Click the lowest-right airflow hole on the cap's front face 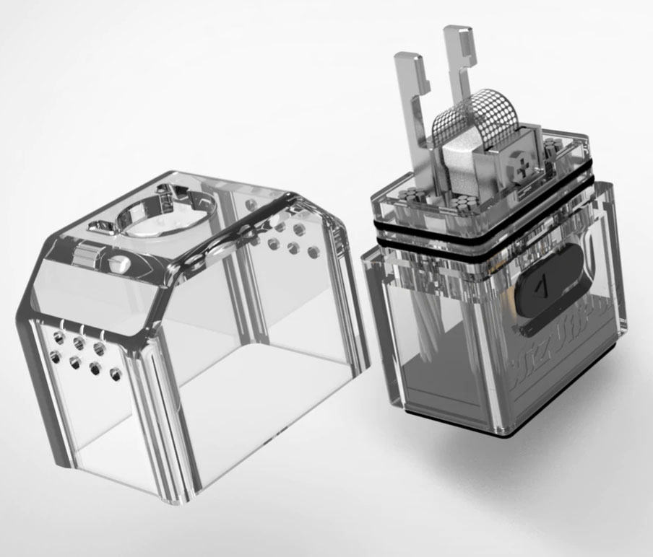pyautogui.click(x=115, y=374)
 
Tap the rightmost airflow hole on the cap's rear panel pyautogui.click(x=313, y=253)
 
